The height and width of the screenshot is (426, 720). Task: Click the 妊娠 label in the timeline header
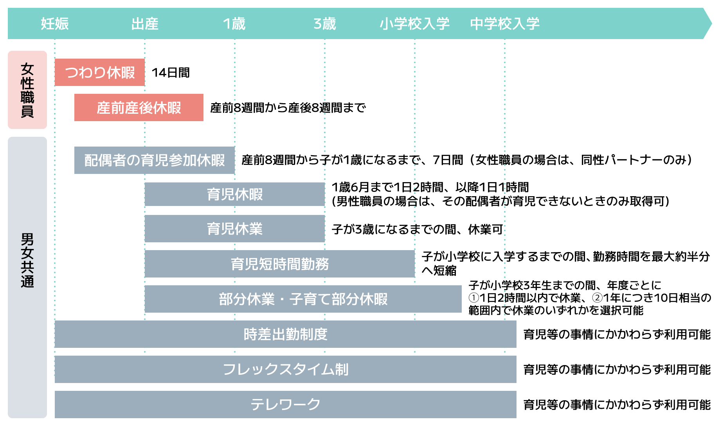55,24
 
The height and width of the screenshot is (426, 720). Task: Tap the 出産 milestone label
145,24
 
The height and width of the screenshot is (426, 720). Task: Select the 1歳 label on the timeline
234,24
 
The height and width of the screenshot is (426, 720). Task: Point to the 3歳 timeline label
325,24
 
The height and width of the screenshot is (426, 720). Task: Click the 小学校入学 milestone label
415,24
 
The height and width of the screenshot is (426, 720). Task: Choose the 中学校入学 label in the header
505,24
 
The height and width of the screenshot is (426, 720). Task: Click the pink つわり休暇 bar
100,72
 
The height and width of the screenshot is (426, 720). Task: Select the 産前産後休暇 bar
139,107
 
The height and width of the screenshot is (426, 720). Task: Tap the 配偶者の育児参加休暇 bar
155,160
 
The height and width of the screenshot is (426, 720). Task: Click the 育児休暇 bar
235,194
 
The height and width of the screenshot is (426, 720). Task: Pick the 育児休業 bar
235,229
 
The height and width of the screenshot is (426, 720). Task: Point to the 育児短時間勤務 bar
280,264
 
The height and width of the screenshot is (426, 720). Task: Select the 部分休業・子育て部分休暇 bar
303,299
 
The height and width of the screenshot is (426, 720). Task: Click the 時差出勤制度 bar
286,334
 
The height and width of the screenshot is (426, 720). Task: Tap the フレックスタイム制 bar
286,369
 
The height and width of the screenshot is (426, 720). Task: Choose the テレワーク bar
286,405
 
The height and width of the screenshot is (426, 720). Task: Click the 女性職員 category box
27,90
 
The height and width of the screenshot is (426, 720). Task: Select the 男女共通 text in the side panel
27,260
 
